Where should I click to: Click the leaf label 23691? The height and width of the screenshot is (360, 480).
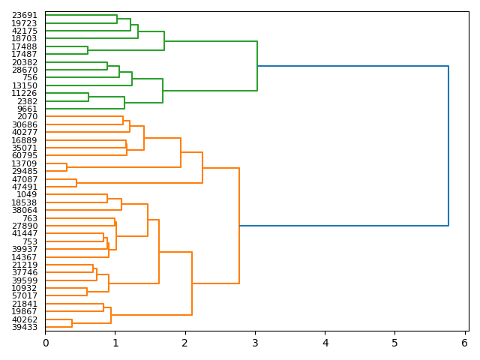coord(25,15)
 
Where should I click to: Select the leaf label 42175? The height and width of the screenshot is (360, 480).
coord(25,31)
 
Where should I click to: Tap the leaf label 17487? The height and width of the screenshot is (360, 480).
coord(25,54)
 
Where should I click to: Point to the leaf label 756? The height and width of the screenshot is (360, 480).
coord(29,77)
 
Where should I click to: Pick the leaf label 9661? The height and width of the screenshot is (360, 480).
coord(27,109)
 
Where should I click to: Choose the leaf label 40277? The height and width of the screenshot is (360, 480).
coord(25,132)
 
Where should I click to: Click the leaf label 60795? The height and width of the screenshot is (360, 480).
coord(25,155)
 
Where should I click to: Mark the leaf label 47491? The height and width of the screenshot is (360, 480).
coord(25,187)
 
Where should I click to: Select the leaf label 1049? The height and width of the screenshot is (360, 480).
coord(27,194)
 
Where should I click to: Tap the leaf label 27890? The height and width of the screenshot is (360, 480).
coord(25,226)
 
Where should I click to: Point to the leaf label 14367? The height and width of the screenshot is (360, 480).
coord(25,257)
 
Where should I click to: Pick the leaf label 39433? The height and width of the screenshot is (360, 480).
coord(25,327)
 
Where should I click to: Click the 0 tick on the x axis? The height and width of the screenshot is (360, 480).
coord(45,343)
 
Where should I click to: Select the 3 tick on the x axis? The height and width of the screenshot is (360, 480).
coord(255,343)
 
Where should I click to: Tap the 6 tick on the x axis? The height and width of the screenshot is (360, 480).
coord(464,343)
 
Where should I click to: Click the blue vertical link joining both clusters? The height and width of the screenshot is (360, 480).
coord(448,145)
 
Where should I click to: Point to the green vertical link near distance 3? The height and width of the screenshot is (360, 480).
coord(257,66)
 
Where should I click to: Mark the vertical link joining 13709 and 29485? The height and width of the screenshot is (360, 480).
coord(67,167)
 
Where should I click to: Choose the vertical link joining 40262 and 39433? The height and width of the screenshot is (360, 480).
coord(72,323)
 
